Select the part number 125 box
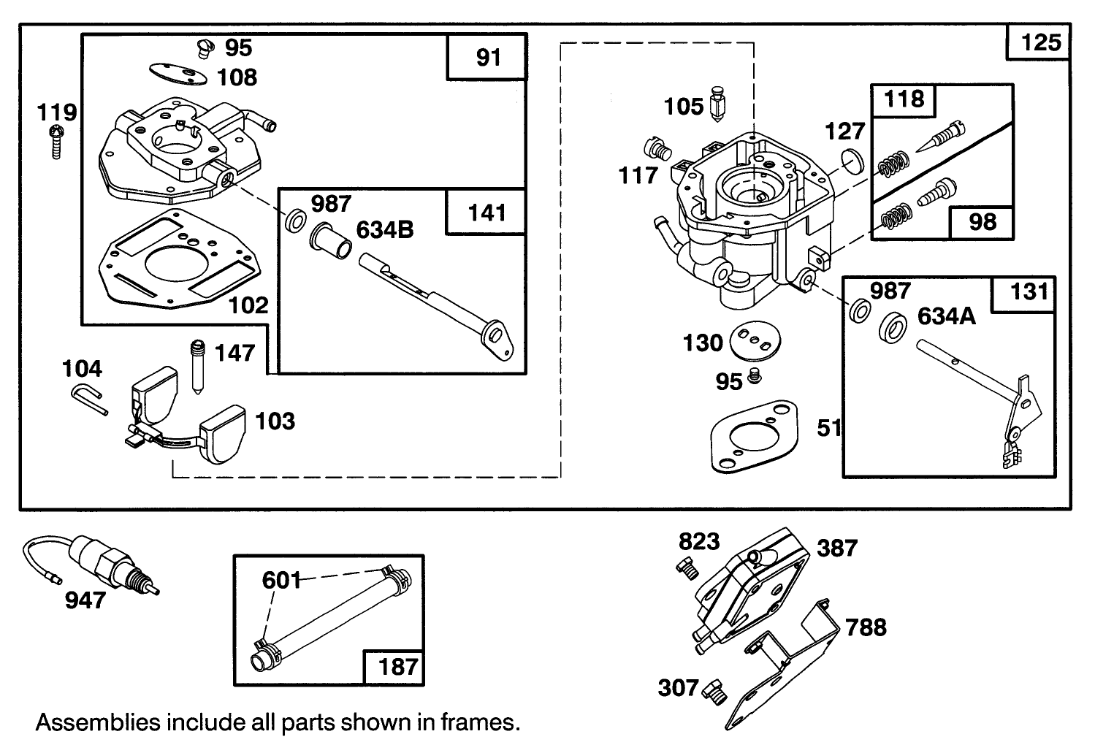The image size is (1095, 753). (1039, 42)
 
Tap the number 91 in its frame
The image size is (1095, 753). (487, 57)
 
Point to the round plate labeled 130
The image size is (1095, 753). (757, 340)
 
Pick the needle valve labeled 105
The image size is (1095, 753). (717, 105)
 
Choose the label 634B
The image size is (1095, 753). (384, 230)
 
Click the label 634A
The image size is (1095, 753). (946, 316)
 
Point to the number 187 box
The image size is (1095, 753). (397, 667)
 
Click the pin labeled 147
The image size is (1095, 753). (196, 364)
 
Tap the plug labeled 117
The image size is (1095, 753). (657, 149)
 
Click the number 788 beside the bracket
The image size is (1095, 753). (866, 627)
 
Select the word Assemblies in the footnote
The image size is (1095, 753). (98, 722)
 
